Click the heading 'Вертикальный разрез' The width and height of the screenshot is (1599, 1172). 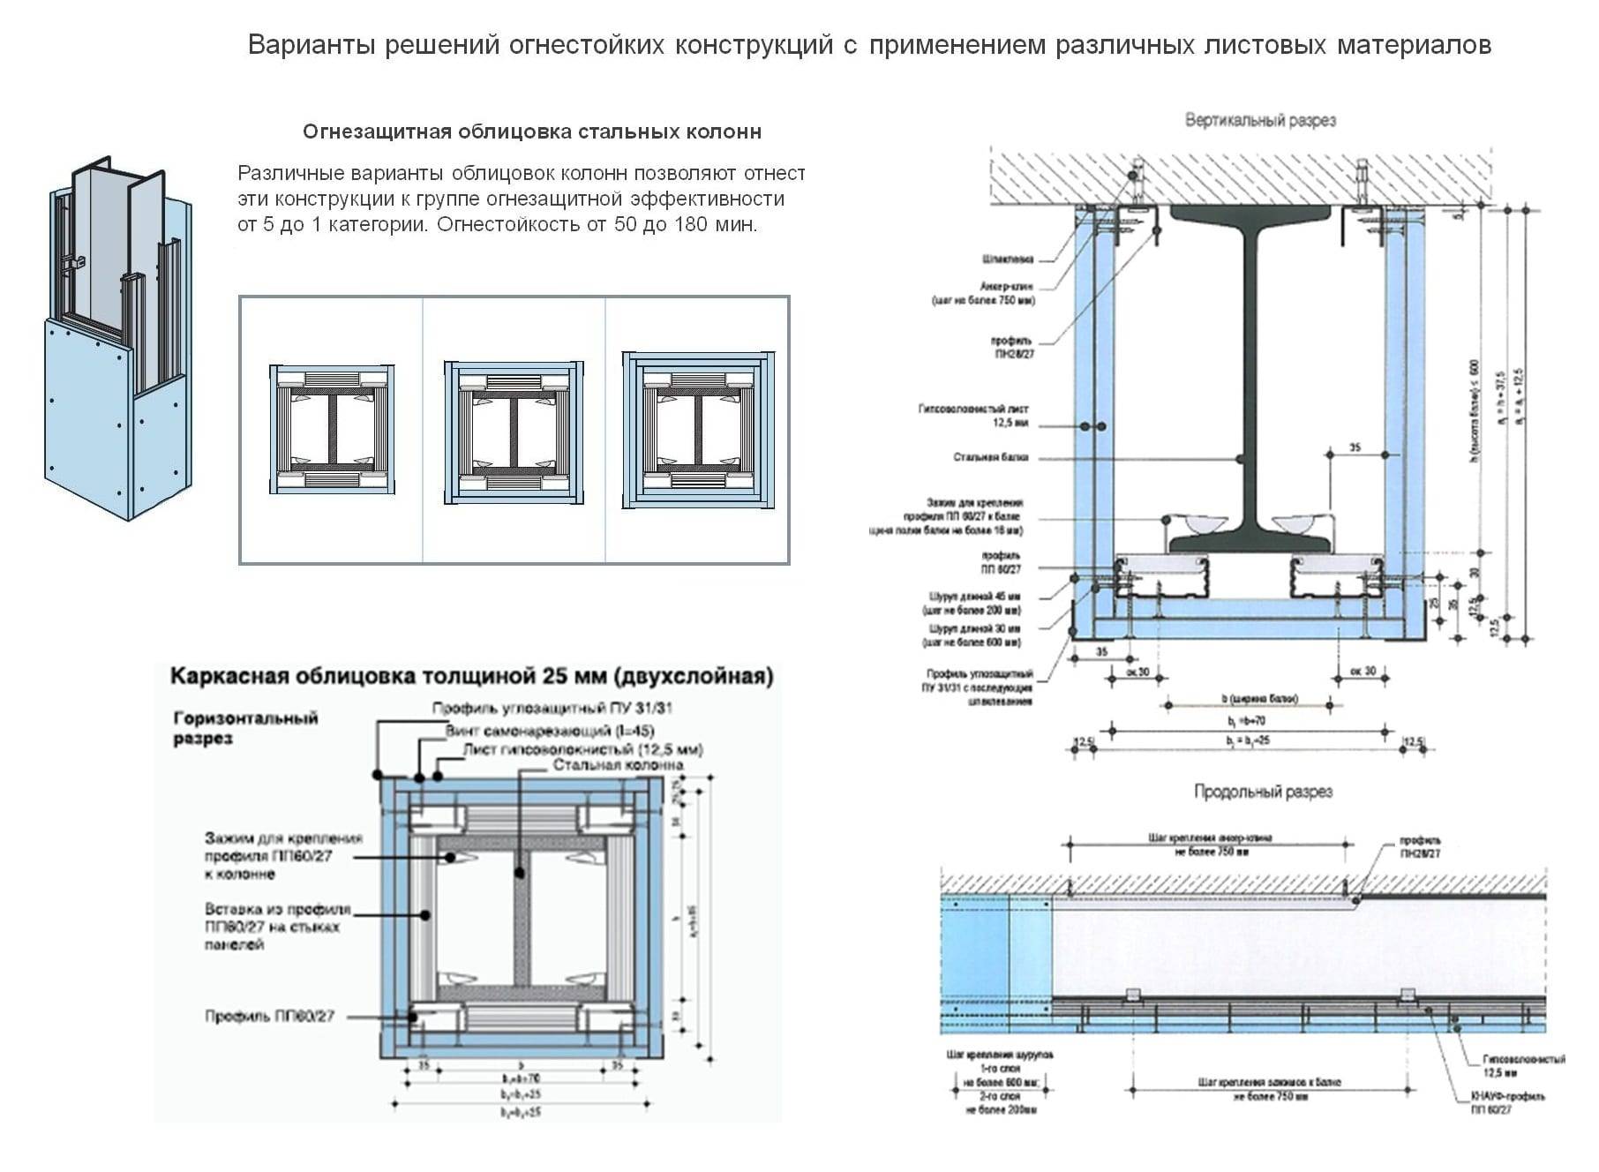click(x=1259, y=120)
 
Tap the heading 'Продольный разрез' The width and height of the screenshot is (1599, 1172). click(x=1263, y=792)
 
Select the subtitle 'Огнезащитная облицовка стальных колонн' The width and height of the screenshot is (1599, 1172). click(x=531, y=132)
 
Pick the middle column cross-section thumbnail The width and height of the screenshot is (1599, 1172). click(x=514, y=432)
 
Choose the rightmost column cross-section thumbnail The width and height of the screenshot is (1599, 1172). click(x=698, y=431)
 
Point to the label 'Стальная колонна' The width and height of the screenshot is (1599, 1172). click(x=618, y=765)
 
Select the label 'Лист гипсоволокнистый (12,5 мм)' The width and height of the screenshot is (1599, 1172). click(x=582, y=749)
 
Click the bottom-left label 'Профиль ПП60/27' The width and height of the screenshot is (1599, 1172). click(x=270, y=1016)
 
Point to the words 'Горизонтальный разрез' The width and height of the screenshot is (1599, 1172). click(x=244, y=728)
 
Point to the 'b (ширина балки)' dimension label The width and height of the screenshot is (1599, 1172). click(x=1259, y=699)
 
